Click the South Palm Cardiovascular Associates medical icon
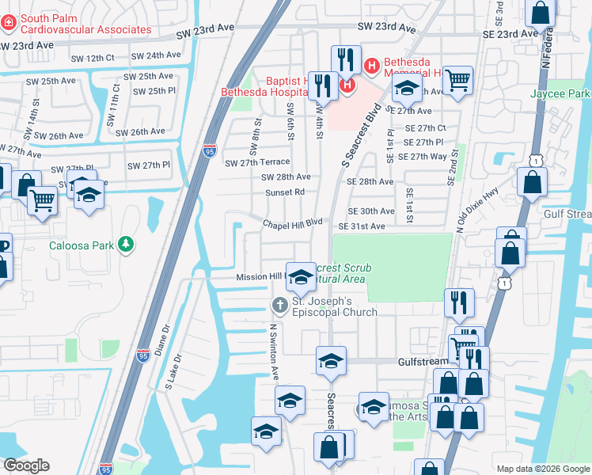point(9,23)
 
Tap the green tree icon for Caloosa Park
point(125,245)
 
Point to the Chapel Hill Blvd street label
point(293,222)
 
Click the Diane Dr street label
point(166,340)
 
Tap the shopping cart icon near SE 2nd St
point(457,81)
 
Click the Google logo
point(26,465)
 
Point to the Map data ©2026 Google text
point(542,469)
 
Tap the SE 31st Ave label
point(361,226)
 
